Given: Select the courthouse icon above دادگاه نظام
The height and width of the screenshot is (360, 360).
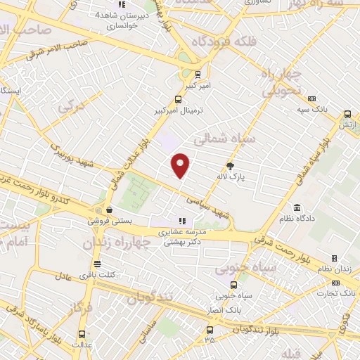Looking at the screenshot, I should (297, 208).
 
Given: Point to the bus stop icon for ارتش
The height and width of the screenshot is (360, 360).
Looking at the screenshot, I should (347, 114).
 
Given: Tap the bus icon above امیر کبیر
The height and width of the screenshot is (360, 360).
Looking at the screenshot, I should (198, 72).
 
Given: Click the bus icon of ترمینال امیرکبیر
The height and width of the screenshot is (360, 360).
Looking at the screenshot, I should (178, 99).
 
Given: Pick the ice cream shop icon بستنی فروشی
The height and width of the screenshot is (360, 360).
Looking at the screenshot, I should (109, 210).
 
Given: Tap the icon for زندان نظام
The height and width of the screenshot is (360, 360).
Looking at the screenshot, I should (334, 258).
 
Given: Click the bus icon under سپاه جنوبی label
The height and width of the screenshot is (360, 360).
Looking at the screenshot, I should (235, 285).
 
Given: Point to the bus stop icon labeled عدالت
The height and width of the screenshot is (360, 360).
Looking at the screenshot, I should (82, 335).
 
